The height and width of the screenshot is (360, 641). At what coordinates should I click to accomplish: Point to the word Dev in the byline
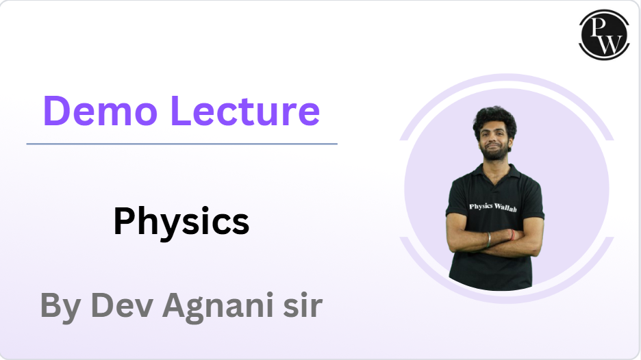tap(121, 305)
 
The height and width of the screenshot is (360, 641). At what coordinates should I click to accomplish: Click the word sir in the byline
tap(302, 305)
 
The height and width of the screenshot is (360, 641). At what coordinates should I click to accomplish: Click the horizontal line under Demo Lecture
tap(181, 144)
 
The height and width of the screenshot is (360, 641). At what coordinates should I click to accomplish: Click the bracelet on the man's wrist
tap(488, 240)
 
